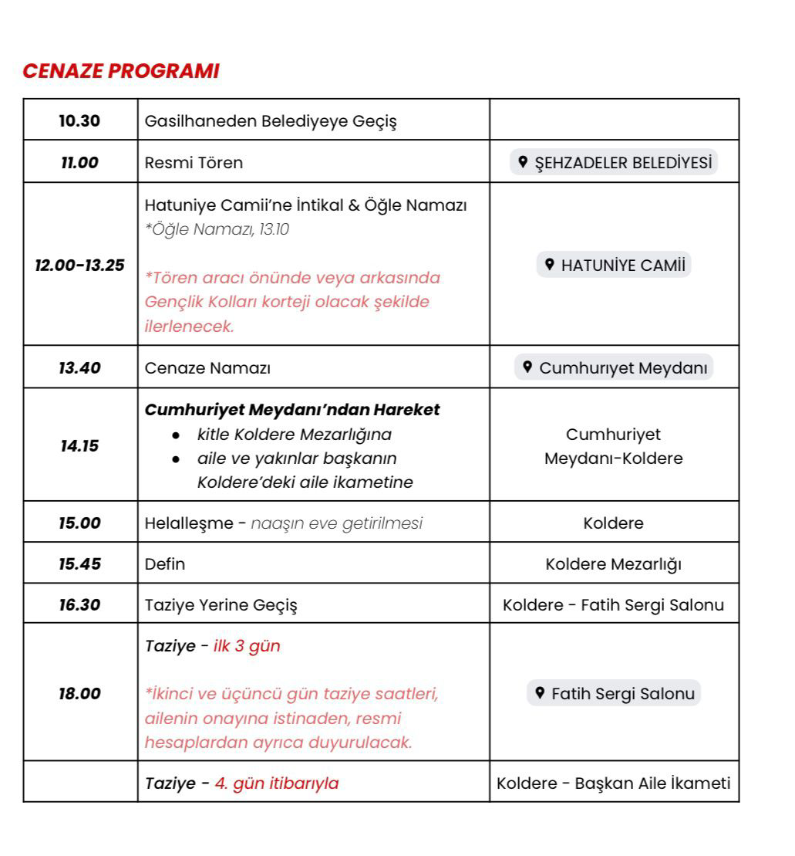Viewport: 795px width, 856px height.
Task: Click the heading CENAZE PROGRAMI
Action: (121, 71)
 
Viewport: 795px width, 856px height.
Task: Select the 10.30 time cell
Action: (80, 120)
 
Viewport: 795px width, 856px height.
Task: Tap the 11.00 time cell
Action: (80, 163)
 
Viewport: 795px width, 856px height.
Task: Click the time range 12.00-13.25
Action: (80, 266)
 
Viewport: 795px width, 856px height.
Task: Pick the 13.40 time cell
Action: (80, 367)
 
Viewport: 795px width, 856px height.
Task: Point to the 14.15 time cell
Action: (80, 445)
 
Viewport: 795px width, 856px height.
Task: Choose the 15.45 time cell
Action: (80, 563)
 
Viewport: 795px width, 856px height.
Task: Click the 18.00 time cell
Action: (80, 693)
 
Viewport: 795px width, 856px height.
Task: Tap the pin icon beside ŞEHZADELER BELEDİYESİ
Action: (524, 162)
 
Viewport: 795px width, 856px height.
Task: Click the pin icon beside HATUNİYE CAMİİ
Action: (550, 265)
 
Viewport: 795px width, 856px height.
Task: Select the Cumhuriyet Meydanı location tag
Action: (615, 367)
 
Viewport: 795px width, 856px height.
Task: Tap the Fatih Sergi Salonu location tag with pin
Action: (615, 693)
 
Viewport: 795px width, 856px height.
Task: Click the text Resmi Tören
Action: (194, 163)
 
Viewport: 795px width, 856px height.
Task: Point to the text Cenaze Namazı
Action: (207, 367)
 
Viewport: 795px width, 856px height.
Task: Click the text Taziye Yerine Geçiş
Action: (221, 604)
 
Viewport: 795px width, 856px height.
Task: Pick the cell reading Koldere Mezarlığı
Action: (614, 564)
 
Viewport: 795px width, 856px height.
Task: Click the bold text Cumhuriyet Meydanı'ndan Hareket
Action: (292, 410)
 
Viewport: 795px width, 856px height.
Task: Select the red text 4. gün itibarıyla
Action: (276, 783)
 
